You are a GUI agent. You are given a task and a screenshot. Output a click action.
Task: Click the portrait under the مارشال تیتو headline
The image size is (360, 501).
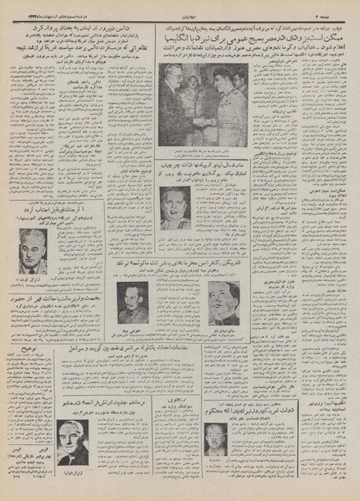(x=173, y=207)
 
